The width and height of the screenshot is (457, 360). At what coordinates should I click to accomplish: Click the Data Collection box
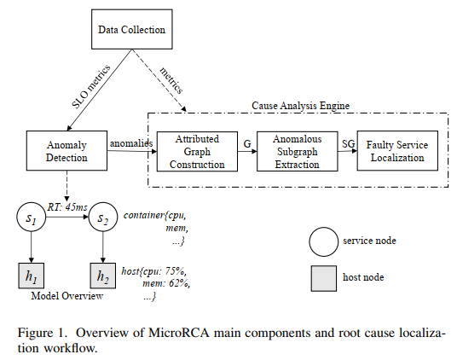(132, 29)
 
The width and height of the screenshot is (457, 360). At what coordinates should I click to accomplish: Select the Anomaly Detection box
(67, 151)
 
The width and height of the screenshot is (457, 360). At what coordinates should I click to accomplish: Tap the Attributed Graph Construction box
(197, 152)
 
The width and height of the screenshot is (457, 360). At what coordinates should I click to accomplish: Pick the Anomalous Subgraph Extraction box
(298, 152)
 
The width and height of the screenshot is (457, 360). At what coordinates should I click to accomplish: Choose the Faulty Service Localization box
(397, 151)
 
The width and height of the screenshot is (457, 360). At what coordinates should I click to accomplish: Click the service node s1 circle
(32, 217)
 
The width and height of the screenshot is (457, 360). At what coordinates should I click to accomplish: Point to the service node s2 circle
(103, 217)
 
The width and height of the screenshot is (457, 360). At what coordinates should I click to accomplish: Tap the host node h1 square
(32, 276)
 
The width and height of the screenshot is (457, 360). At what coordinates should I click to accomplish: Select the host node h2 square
(103, 276)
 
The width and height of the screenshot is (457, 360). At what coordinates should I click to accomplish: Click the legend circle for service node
(324, 241)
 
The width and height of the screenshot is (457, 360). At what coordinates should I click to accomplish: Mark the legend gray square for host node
(324, 278)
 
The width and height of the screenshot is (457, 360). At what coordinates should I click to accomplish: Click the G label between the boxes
(247, 143)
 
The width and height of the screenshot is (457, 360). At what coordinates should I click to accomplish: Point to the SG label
(348, 143)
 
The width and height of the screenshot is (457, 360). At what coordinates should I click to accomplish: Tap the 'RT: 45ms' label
(67, 207)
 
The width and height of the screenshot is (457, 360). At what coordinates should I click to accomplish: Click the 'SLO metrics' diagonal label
(91, 86)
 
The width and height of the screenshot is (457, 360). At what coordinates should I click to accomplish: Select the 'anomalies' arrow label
(131, 143)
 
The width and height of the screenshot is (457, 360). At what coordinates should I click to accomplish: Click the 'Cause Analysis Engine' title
(300, 106)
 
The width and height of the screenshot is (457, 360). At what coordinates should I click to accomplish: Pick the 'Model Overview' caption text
(67, 296)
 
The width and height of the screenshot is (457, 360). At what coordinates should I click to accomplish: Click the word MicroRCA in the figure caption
(179, 333)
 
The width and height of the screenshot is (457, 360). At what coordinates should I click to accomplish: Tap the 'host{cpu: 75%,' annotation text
(153, 271)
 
